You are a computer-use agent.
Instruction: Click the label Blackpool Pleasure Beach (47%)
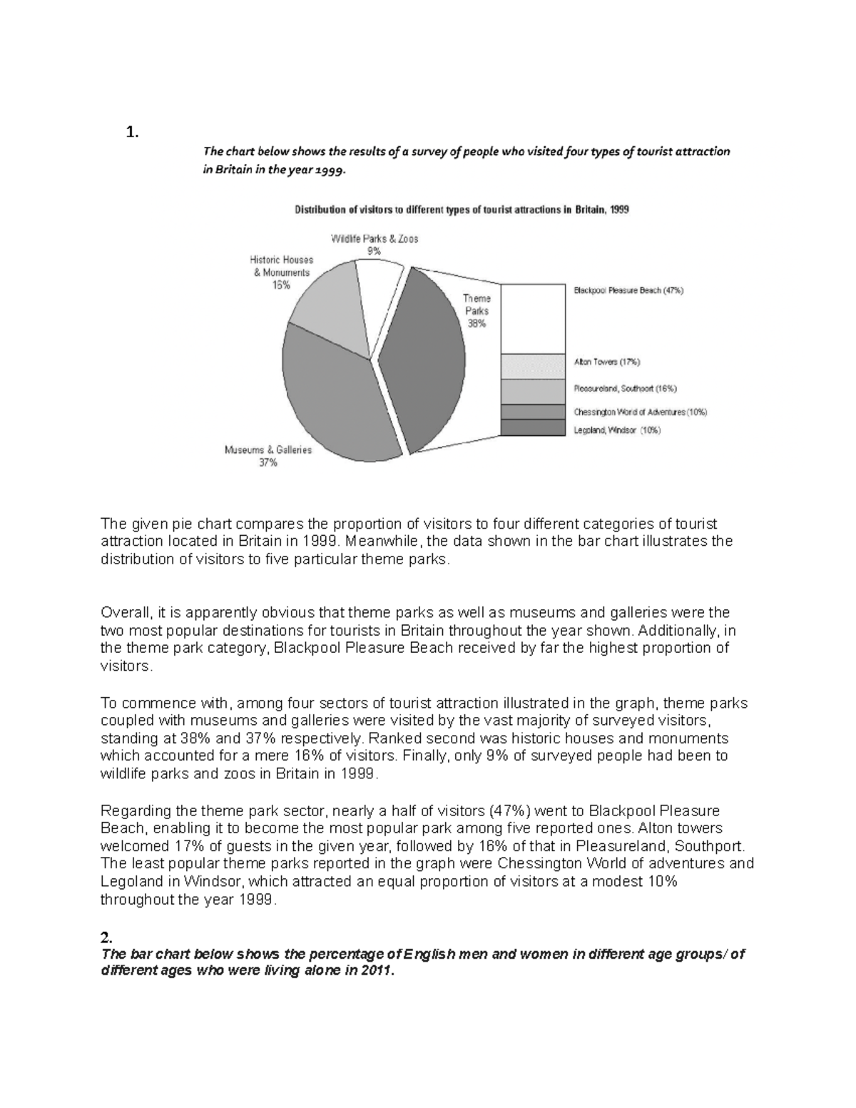(628, 291)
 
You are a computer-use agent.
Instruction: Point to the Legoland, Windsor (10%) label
(617, 430)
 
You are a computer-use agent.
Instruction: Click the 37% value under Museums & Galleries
(268, 463)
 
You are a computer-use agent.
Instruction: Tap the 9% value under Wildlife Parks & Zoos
(374, 251)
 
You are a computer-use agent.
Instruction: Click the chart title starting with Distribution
(462, 210)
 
